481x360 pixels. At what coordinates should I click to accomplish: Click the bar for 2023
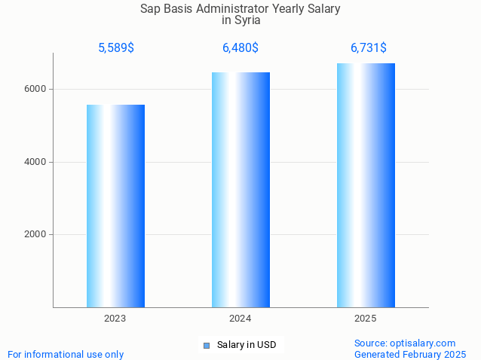click(x=115, y=206)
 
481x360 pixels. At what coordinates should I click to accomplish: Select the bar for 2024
click(x=240, y=190)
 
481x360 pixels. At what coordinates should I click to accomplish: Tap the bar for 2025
click(x=366, y=185)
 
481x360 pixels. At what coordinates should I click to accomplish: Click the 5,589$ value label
click(x=116, y=48)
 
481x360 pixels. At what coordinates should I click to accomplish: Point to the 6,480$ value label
click(x=240, y=48)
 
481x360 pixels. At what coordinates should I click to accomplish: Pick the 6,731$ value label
click(x=369, y=48)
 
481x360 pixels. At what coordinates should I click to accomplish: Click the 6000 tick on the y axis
click(x=35, y=89)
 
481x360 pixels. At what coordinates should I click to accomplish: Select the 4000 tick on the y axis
click(x=35, y=162)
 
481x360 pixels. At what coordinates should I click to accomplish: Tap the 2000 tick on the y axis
click(x=35, y=234)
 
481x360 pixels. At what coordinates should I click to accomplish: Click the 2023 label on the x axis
click(x=115, y=319)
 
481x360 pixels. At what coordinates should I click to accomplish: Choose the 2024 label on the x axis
click(x=240, y=319)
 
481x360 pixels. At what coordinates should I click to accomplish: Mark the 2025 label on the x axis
click(x=366, y=319)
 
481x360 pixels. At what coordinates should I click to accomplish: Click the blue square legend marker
click(x=206, y=346)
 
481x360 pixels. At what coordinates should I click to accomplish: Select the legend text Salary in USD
click(x=247, y=345)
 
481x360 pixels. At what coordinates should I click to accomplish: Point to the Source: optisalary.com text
click(x=405, y=343)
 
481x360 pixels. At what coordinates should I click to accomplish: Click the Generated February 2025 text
click(x=410, y=354)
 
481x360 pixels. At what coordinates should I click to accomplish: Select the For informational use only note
click(x=66, y=354)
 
